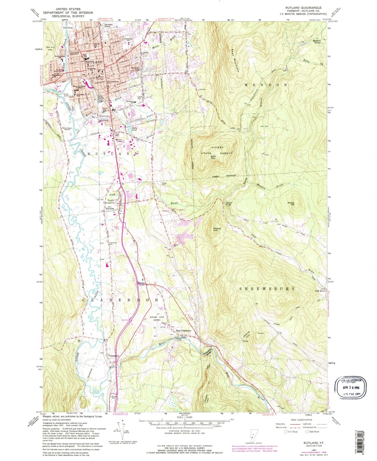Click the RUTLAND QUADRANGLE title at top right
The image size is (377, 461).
coord(307,8)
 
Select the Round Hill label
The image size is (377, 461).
coord(217,229)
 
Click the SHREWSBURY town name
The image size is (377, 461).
coord(267,289)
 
